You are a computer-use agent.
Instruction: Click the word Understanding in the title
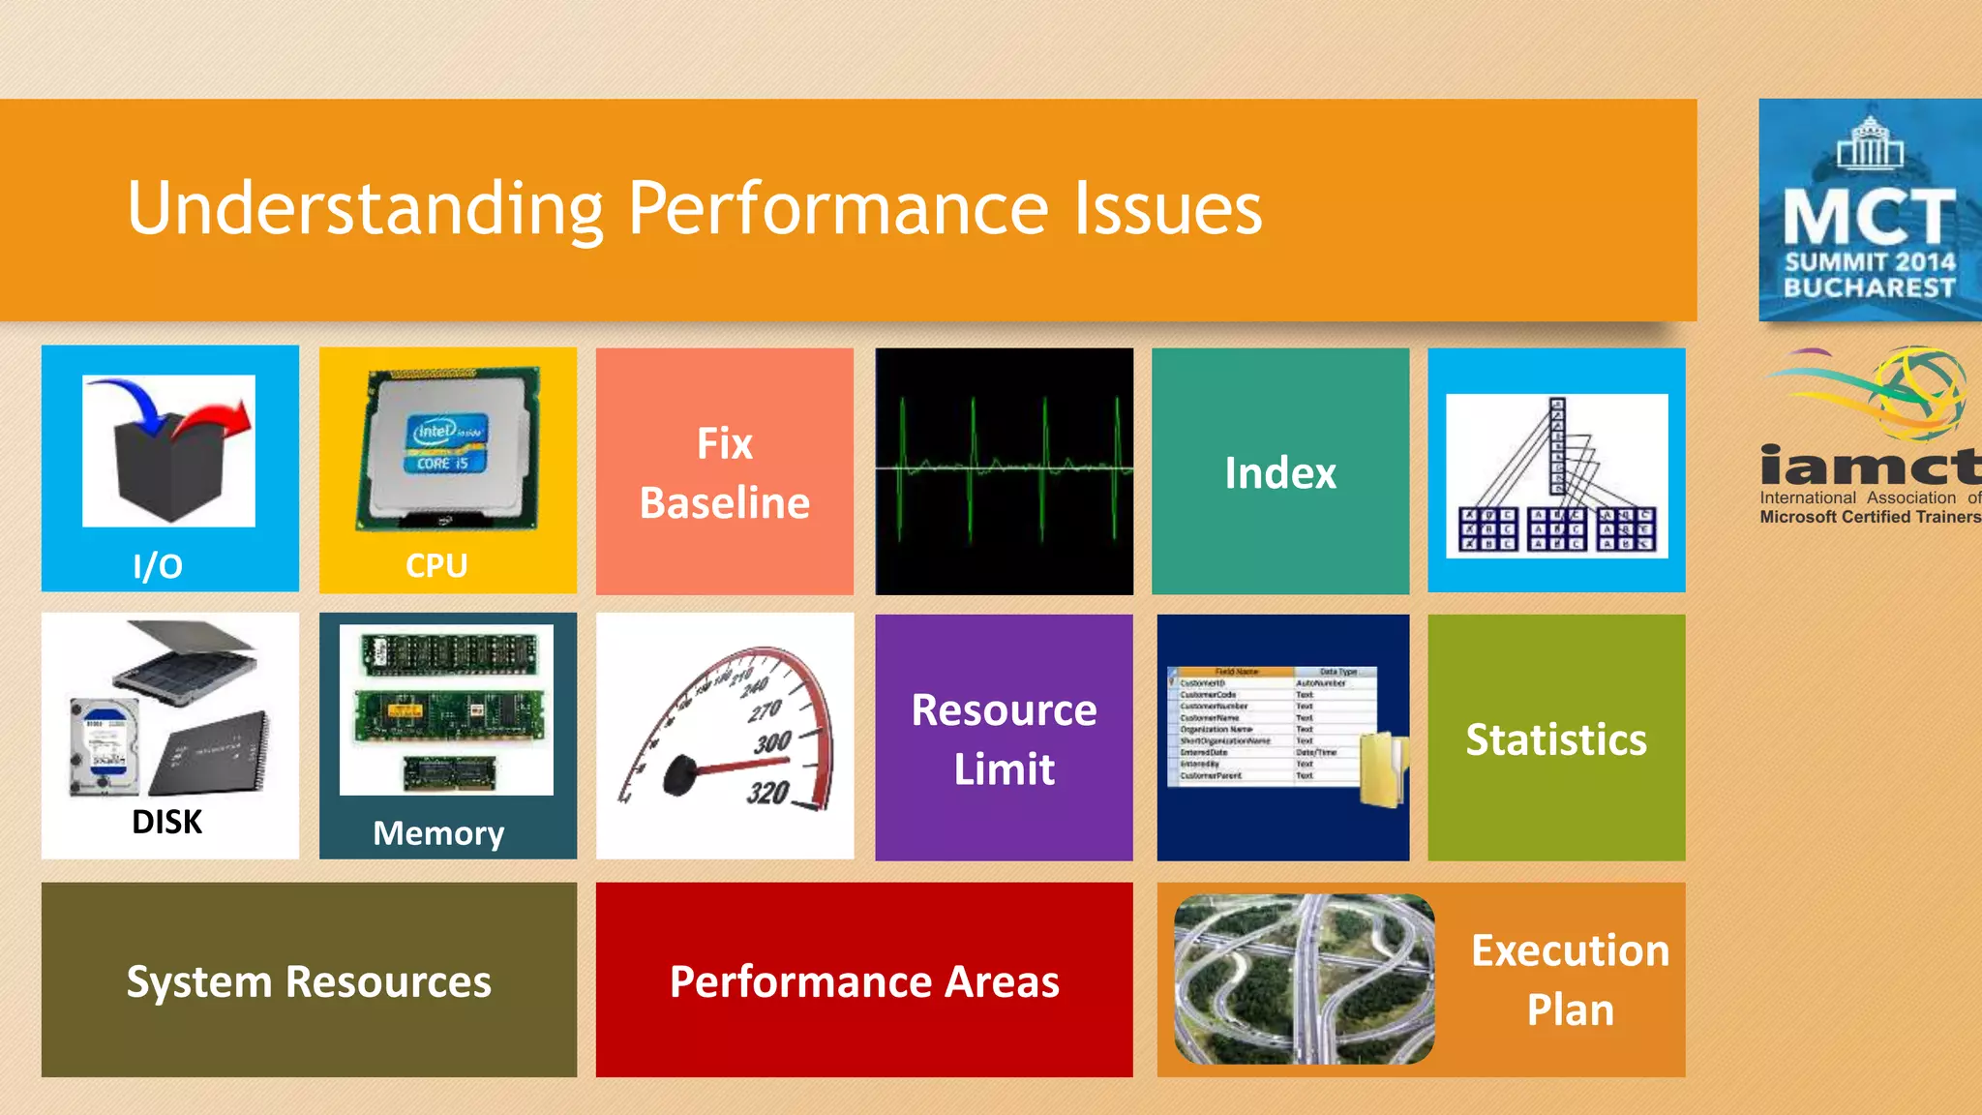click(x=366, y=209)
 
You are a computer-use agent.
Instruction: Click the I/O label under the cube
click(x=158, y=566)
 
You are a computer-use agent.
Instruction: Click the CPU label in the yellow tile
click(x=436, y=565)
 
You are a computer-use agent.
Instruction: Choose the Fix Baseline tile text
click(x=725, y=473)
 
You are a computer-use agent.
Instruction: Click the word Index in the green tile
click(x=1279, y=473)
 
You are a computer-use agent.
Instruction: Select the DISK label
click(x=166, y=822)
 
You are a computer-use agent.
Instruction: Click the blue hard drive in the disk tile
click(x=105, y=745)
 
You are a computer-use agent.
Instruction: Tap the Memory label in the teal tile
click(x=438, y=833)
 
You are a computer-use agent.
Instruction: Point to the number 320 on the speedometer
click(x=768, y=793)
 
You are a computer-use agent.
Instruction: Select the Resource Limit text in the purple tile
click(x=1004, y=739)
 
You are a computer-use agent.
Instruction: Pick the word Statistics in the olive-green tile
click(x=1555, y=739)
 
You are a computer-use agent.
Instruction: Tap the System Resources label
click(x=309, y=981)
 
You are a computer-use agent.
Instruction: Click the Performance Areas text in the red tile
click(x=864, y=981)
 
